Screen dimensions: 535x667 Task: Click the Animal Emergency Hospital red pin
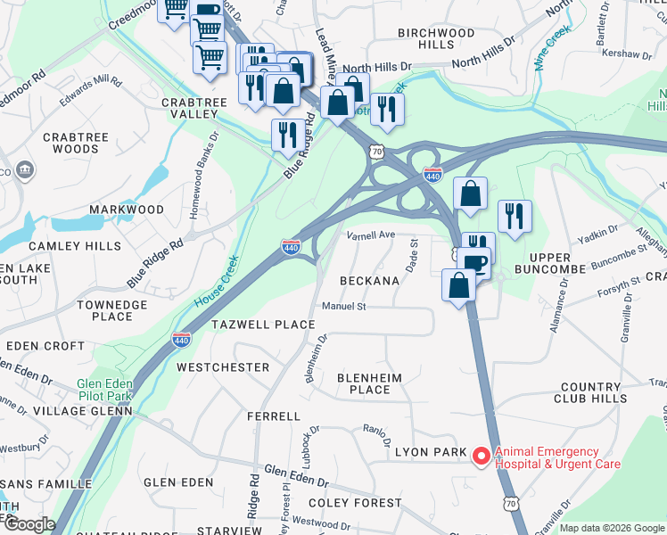click(x=481, y=457)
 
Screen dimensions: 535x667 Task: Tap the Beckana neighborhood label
click(x=369, y=281)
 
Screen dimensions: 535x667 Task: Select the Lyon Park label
click(x=431, y=453)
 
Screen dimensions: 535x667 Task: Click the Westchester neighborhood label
click(x=223, y=367)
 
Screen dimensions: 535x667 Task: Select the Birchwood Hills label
click(x=436, y=38)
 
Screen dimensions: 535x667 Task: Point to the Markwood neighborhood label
click(x=126, y=210)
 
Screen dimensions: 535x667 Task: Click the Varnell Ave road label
click(x=370, y=235)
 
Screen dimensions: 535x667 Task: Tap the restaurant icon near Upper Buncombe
click(x=515, y=217)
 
